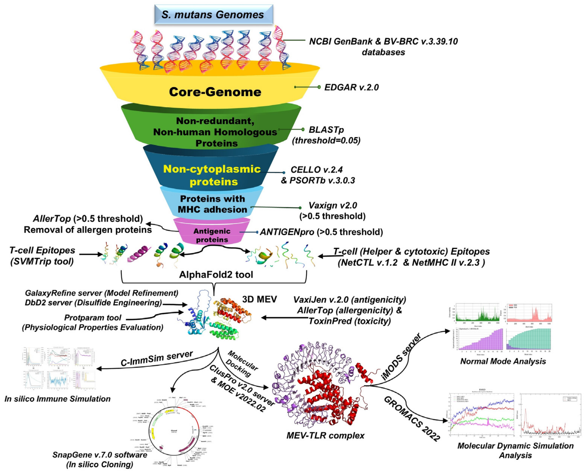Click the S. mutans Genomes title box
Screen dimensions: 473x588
(x=213, y=14)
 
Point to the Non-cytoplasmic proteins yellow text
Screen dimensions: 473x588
(x=212, y=175)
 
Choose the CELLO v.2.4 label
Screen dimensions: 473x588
(x=316, y=170)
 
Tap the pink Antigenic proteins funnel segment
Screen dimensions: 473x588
(x=212, y=232)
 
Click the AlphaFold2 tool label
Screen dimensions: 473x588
(x=216, y=275)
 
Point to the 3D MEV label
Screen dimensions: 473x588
(x=259, y=299)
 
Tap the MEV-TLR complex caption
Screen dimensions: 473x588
(x=325, y=435)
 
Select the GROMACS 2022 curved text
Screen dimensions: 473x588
(x=412, y=418)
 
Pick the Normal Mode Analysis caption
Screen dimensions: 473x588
(x=503, y=361)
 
